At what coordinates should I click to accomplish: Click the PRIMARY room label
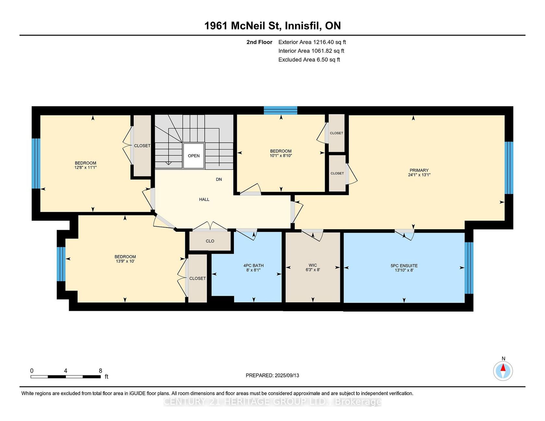click(x=419, y=170)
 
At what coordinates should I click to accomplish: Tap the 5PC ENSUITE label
click(x=404, y=266)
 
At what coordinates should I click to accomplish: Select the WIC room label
click(x=313, y=265)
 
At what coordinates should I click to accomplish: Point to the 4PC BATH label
click(x=253, y=265)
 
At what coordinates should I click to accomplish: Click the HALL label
click(x=204, y=199)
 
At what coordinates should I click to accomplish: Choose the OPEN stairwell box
click(x=194, y=156)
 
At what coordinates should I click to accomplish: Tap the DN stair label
click(x=219, y=179)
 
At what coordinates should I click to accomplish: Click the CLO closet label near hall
click(x=210, y=241)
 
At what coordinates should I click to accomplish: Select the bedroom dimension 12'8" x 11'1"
click(x=85, y=168)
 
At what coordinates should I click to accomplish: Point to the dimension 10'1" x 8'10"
click(x=281, y=156)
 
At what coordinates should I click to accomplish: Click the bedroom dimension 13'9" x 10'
click(x=125, y=261)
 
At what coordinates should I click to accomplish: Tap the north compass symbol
click(x=503, y=371)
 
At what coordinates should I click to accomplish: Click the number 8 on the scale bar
click(x=101, y=371)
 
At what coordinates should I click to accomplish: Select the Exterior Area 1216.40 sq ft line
click(x=312, y=42)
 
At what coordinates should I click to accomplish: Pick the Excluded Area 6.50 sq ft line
click(x=309, y=60)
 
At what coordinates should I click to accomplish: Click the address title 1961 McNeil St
click(x=242, y=26)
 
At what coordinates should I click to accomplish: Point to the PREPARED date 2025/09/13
click(x=272, y=375)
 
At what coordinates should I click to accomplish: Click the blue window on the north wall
click(x=281, y=110)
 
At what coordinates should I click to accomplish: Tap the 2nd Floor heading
click(x=259, y=42)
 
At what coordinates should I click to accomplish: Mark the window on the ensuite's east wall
click(x=469, y=268)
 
